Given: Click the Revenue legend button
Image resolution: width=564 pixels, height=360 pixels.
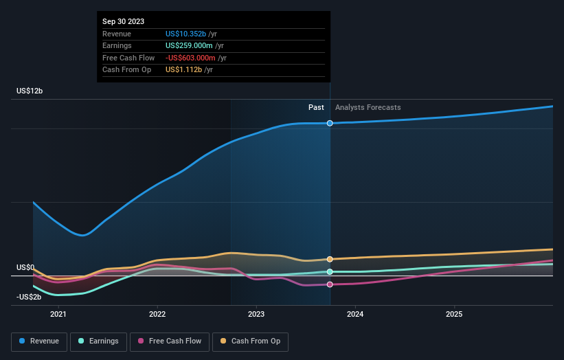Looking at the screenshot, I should (39, 341).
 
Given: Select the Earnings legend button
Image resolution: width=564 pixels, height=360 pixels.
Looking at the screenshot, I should (98, 341).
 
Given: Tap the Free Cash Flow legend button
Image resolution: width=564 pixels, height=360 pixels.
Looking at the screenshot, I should (170, 341).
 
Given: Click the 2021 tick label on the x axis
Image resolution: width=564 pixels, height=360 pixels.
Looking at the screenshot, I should (58, 315).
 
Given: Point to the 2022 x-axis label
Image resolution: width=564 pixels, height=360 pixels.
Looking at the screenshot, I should (157, 315).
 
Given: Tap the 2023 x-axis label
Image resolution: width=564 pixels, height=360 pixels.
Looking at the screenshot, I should (256, 315).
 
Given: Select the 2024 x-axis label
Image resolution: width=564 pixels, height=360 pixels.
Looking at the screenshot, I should (355, 315).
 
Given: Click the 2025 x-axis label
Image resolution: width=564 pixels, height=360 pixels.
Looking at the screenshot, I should (454, 315).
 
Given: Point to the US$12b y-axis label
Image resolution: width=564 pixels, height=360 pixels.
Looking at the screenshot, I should (30, 91).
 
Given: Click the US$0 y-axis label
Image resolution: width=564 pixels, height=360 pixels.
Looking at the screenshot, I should (25, 267).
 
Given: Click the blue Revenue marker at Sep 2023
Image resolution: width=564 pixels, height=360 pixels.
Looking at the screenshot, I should (330, 123).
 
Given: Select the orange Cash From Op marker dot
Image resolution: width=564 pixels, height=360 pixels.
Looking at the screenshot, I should (330, 259).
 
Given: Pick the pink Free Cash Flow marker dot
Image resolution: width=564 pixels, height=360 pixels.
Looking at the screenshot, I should (330, 284).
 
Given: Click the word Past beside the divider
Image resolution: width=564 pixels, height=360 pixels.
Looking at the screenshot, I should (316, 107).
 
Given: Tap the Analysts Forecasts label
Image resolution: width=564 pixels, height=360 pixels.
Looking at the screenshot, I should (368, 107).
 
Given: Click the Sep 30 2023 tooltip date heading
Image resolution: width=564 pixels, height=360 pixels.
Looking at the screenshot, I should (124, 22).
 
